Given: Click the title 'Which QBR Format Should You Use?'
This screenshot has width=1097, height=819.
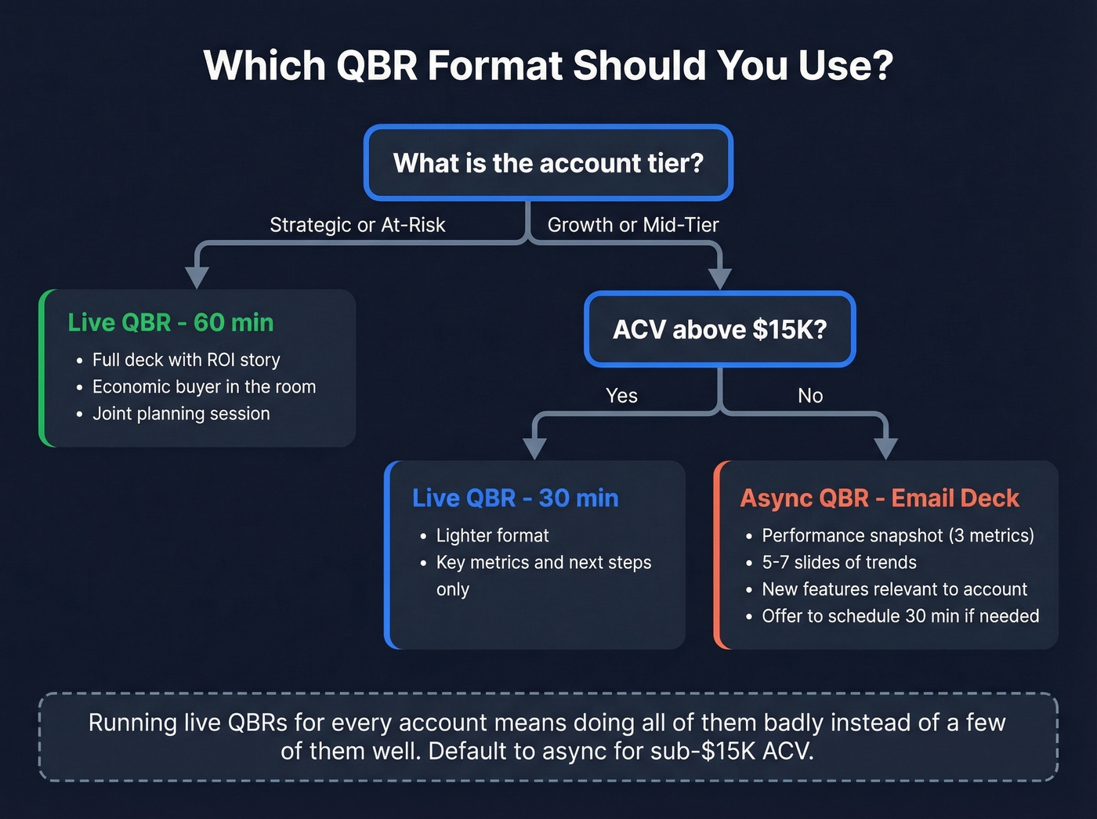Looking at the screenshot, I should coord(548,65).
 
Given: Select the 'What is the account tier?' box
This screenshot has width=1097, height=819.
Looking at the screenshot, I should coord(548,163).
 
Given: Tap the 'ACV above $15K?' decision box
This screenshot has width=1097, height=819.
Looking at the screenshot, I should coord(719,329).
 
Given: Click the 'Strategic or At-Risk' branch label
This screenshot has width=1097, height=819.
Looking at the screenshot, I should coord(357,225).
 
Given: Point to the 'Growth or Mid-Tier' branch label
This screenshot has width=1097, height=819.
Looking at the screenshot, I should coord(632,225).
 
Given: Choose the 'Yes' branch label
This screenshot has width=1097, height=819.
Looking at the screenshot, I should coord(621,396).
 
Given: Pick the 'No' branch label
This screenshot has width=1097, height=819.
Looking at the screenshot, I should coord(810,396).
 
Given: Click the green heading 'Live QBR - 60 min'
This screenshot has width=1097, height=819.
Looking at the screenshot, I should coord(171,322).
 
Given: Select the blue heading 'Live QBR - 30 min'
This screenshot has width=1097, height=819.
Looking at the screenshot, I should coord(515,498).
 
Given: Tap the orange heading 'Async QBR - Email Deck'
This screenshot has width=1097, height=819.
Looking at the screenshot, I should coord(879,498).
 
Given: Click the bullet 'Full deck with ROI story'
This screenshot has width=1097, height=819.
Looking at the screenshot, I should coord(186,360).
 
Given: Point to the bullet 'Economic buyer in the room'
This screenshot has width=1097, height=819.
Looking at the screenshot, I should coord(204,386).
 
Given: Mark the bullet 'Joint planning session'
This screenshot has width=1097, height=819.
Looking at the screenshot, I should coord(181,414).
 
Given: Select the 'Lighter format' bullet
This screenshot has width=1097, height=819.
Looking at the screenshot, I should coord(492,535).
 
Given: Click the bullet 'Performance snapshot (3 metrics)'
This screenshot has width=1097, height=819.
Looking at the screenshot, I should coord(897,535).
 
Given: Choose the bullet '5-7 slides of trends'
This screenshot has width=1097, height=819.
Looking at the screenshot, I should coord(838,562).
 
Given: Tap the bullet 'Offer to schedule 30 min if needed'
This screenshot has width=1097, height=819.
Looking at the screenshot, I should coord(900,616).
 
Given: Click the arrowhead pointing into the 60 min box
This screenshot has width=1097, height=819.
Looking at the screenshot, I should coord(197,277).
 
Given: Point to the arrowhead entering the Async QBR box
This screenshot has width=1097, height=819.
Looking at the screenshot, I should coord(885,448).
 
